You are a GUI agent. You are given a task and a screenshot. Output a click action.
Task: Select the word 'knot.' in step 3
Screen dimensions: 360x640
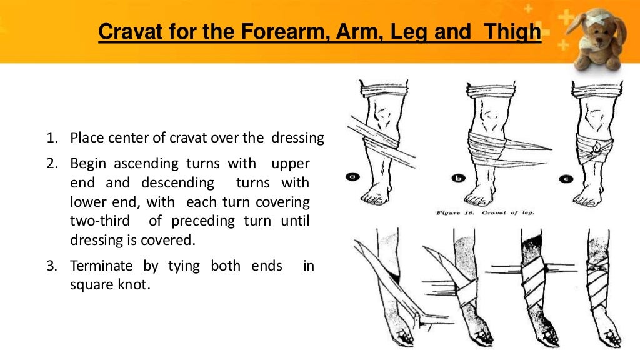pyautogui.click(x=136, y=285)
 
